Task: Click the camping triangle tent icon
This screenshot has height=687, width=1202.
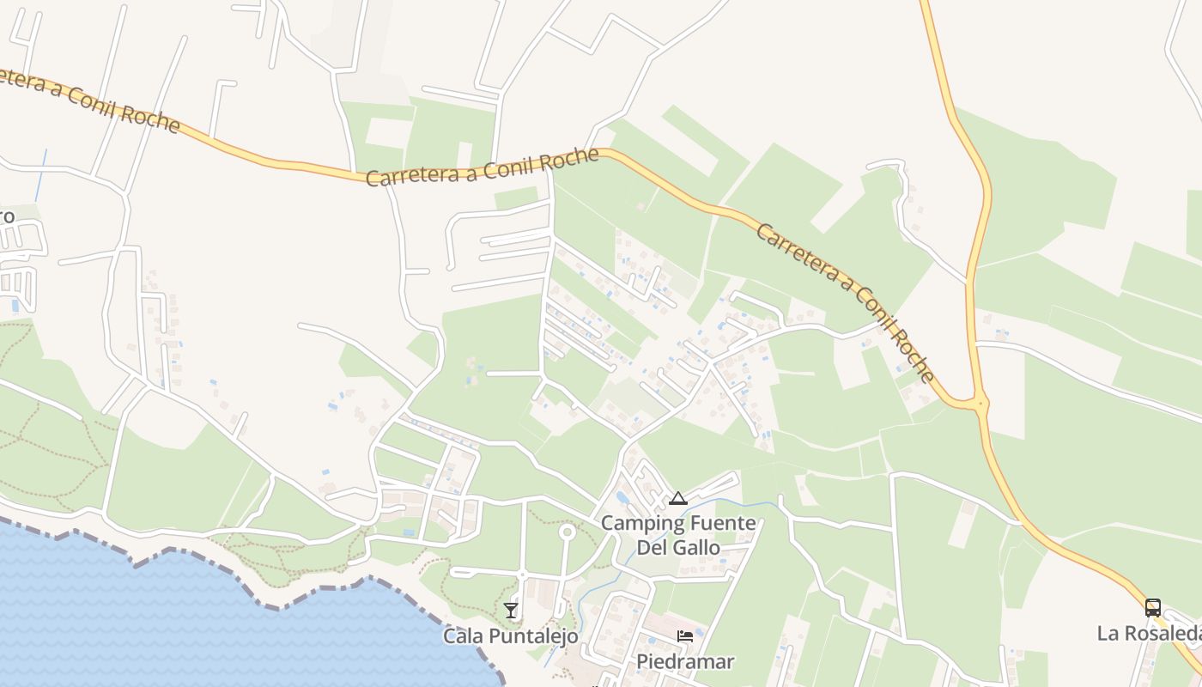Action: tap(678, 498)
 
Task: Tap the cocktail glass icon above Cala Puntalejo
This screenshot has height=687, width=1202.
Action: tap(511, 610)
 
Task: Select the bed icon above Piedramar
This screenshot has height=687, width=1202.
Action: tap(685, 636)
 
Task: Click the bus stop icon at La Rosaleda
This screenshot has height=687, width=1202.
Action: tap(1152, 608)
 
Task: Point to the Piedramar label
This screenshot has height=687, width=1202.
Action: tap(685, 662)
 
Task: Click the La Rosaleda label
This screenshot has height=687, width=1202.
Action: tap(1149, 634)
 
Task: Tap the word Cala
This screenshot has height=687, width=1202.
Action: tap(463, 636)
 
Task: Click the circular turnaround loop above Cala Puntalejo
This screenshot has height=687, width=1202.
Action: tap(567, 532)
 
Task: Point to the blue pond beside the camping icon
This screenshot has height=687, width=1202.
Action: tap(622, 497)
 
